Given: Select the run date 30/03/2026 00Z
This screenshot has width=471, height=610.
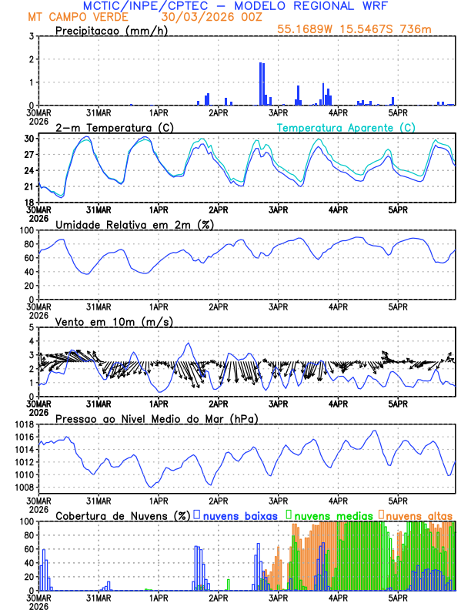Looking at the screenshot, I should click(207, 16).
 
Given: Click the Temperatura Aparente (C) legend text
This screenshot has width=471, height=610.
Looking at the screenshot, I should click(346, 127).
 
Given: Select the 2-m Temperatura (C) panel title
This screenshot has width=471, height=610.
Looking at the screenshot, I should click(109, 127).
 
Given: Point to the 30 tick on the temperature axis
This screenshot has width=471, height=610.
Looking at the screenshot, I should click(28, 139).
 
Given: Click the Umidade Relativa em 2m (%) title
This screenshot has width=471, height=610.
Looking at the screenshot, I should click(135, 224).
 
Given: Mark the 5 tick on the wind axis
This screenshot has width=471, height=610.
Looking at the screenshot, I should click(32, 327).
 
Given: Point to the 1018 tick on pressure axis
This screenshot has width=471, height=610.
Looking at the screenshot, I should click(23, 424).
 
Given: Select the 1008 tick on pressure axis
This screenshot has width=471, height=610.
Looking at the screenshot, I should click(23, 487).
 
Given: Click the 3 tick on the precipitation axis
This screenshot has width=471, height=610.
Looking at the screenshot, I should click(32, 36).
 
